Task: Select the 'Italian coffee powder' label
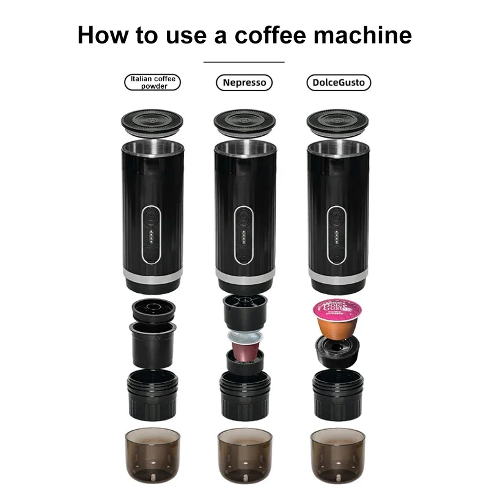153,83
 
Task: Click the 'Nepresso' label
244,83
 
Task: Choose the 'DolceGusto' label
338,83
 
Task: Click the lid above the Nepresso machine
244,120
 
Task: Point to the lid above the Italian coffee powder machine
152,120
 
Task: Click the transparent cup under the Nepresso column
244,452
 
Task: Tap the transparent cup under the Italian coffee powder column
152,452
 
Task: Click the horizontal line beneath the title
244,62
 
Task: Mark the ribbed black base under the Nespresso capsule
244,392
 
